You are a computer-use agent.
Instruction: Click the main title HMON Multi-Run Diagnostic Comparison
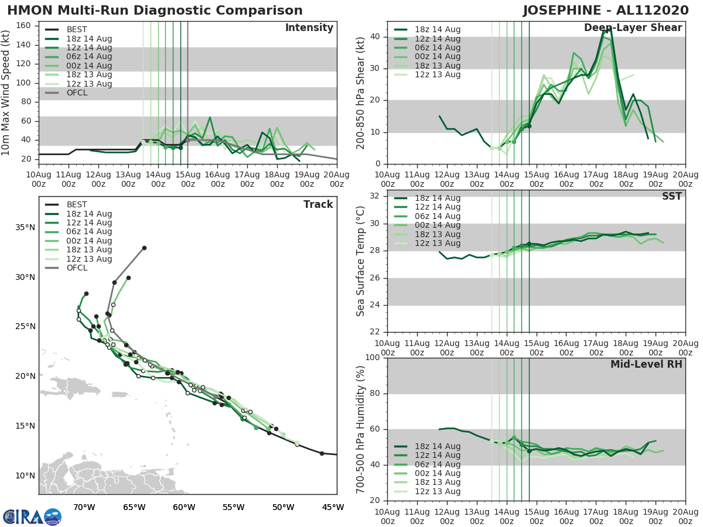(x=155, y=11)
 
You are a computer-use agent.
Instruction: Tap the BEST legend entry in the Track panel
(x=77, y=205)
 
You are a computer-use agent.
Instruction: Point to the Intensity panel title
(x=309, y=28)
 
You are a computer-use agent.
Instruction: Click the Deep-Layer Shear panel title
(x=633, y=28)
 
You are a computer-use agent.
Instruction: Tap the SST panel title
(x=671, y=197)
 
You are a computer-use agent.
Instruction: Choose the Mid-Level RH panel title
(x=646, y=365)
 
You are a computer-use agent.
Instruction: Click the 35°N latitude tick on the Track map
(x=24, y=227)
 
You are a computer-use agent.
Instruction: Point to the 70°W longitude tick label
(x=85, y=507)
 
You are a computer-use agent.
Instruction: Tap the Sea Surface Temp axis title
(x=361, y=261)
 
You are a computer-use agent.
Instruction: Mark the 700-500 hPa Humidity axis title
(x=361, y=429)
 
